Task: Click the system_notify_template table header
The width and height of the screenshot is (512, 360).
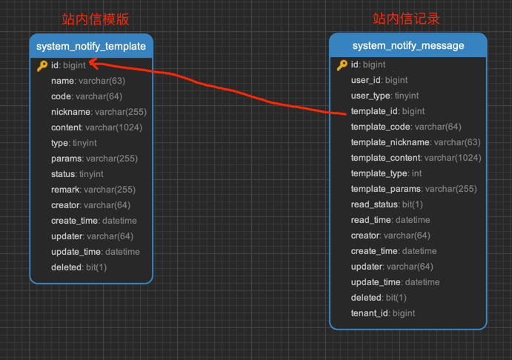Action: [x=91, y=46]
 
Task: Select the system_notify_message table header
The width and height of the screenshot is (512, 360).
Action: [x=408, y=46]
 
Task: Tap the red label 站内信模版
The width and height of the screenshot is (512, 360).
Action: [x=95, y=19]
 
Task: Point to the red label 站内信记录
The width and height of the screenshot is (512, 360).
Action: [x=406, y=19]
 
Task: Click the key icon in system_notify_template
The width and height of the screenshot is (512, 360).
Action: [x=42, y=66]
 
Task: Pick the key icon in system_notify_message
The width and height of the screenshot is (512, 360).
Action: [x=342, y=65]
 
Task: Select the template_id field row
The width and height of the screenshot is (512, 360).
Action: [x=388, y=111]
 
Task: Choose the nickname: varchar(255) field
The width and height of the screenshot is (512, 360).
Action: [x=99, y=112]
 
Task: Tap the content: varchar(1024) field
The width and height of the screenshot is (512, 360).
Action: [x=96, y=127]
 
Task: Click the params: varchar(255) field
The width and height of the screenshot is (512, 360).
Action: [x=94, y=159]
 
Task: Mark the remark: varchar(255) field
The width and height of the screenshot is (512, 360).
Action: [x=93, y=190]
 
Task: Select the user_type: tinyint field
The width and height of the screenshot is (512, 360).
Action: [x=385, y=96]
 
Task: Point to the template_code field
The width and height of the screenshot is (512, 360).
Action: [x=406, y=127]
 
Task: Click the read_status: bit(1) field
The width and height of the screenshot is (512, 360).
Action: [x=387, y=204]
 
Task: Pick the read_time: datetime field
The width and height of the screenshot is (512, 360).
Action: [x=390, y=220]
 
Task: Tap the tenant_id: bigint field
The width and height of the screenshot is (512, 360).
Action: [x=383, y=313]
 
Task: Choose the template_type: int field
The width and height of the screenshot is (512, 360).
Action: [x=386, y=173]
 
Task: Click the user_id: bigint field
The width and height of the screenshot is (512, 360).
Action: [x=379, y=80]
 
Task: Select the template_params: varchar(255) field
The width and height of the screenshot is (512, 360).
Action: [x=413, y=189]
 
